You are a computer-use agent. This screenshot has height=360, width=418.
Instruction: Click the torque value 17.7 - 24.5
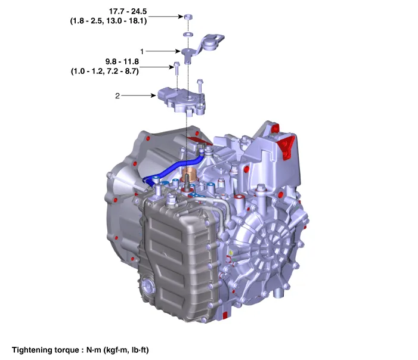(128, 11)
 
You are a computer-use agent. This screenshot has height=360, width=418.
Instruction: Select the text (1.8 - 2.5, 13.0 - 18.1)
(109, 21)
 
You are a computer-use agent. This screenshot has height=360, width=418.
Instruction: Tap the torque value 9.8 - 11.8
(122, 61)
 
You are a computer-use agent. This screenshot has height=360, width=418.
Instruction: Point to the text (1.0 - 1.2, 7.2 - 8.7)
(105, 71)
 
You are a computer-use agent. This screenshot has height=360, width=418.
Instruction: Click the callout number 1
(142, 51)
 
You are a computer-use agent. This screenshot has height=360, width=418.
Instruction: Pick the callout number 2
(117, 96)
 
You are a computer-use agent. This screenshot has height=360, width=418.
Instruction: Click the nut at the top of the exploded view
(188, 17)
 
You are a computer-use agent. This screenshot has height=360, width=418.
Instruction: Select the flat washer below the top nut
(188, 35)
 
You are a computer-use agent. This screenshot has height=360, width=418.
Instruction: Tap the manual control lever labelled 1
(203, 48)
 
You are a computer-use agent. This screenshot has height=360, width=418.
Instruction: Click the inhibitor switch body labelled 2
(181, 101)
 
